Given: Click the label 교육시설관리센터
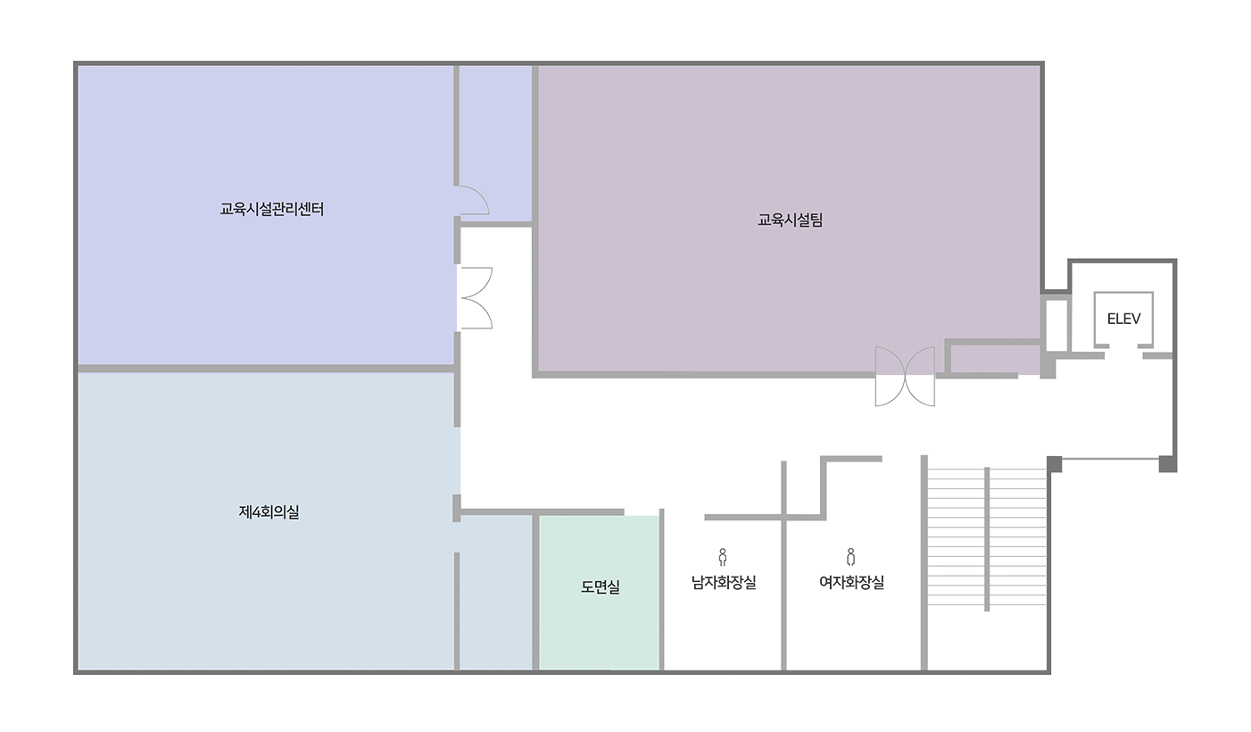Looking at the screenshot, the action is [x=272, y=209].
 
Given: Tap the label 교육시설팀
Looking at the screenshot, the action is [x=791, y=220].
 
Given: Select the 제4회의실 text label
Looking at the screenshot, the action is [x=269, y=512].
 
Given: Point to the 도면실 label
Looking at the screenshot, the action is [x=601, y=586].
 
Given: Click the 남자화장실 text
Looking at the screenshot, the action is [x=724, y=582].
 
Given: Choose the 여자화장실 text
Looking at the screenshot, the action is [x=851, y=582].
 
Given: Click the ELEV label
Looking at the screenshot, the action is [x=1123, y=319].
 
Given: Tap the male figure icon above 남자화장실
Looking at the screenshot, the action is [x=723, y=557].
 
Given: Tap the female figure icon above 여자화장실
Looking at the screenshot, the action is [x=850, y=557].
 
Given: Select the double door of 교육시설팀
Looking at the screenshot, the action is [x=905, y=376].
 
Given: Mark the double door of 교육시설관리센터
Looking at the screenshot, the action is [x=475, y=298].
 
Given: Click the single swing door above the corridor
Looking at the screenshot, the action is [x=473, y=200].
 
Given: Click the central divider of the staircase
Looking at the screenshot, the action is [x=987, y=539].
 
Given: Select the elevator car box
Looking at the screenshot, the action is [x=1123, y=320].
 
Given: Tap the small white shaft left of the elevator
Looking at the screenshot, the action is [x=1056, y=326].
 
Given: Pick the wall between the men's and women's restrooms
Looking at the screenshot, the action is [x=783, y=565].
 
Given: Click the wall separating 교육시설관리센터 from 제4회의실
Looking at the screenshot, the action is [x=266, y=369].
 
